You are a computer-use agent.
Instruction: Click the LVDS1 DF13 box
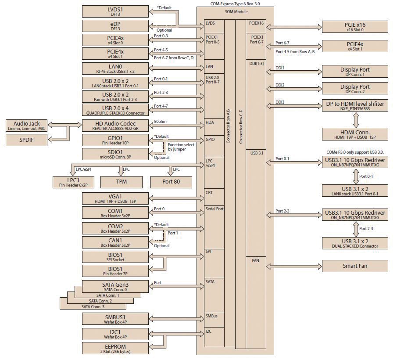115,12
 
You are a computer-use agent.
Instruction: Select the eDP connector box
115,25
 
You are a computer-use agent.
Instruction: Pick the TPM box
121,182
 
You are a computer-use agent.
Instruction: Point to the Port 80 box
171,182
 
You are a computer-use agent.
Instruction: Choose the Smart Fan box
355,266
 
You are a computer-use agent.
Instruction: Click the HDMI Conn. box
355,134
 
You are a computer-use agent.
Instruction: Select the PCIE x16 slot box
355,26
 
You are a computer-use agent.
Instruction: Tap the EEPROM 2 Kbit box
115,349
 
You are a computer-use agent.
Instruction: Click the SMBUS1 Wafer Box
115,319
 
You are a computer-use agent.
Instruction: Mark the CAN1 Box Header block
115,242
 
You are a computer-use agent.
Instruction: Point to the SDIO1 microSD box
115,154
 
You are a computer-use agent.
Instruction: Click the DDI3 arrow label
280,102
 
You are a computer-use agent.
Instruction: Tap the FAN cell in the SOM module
256,260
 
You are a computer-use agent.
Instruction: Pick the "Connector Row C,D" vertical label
240,127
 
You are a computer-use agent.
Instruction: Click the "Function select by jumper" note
181,147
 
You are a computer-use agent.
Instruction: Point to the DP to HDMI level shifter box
355,106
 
